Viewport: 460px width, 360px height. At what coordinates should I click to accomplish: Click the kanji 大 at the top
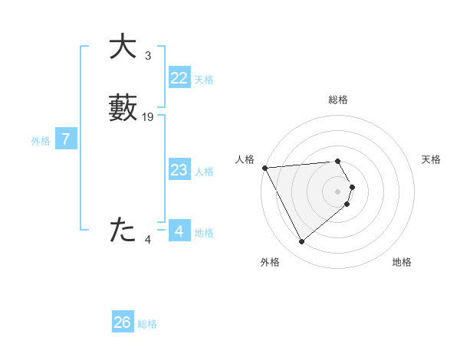click(123, 47)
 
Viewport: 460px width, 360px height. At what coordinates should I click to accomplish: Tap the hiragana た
click(123, 230)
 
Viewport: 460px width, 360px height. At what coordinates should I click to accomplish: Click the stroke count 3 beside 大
click(148, 56)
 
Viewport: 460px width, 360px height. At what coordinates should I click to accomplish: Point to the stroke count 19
click(148, 117)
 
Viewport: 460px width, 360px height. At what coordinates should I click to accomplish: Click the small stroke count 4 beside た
click(148, 240)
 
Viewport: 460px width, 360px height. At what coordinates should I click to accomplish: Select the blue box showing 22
click(179, 78)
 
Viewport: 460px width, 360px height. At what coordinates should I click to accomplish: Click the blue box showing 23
click(179, 170)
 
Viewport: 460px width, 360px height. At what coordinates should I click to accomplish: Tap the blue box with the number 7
click(66, 139)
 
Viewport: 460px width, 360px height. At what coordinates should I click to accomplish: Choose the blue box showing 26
click(123, 322)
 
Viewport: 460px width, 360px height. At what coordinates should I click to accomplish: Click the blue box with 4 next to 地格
click(179, 231)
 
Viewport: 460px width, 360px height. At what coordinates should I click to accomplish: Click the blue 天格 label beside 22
click(204, 80)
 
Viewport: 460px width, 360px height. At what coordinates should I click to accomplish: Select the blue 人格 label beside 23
click(204, 172)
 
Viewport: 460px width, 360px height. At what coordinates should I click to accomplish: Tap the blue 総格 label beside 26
click(147, 324)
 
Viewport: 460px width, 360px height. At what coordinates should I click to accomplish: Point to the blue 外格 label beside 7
click(41, 141)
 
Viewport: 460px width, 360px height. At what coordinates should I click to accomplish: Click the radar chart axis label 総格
click(338, 100)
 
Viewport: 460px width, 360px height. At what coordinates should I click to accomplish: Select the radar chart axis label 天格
click(432, 159)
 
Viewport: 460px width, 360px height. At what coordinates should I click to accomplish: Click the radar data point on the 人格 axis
click(264, 167)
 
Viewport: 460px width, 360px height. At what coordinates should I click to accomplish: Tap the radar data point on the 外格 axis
click(302, 242)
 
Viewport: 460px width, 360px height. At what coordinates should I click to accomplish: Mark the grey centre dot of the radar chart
click(338, 191)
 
